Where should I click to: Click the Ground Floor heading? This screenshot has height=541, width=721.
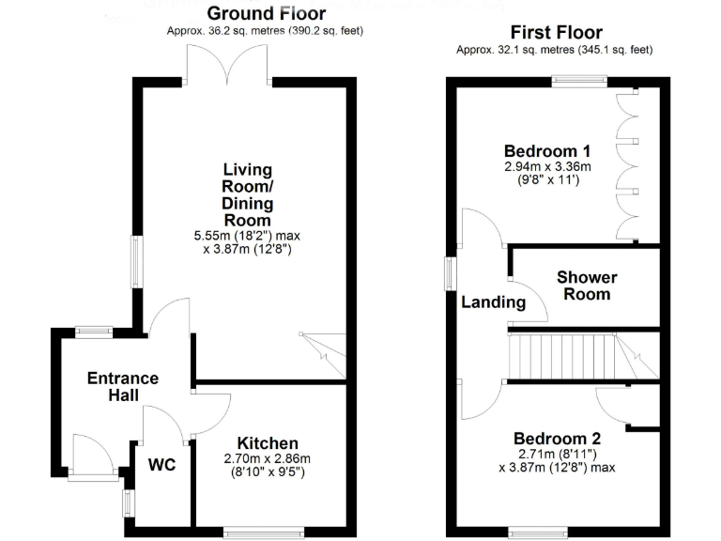pyautogui.click(x=267, y=13)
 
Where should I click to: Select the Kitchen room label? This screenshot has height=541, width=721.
pyautogui.click(x=267, y=443)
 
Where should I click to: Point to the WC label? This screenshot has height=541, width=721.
pyautogui.click(x=162, y=463)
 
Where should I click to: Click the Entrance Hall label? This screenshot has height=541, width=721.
pyautogui.click(x=122, y=387)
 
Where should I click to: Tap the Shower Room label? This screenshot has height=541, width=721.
pyautogui.click(x=587, y=286)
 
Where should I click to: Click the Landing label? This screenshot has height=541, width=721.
pyautogui.click(x=493, y=302)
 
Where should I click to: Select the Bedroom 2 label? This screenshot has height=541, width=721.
pyautogui.click(x=557, y=439)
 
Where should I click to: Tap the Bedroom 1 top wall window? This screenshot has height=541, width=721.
pyautogui.click(x=578, y=81)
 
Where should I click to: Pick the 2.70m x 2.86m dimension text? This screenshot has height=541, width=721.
pyautogui.click(x=267, y=459)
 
